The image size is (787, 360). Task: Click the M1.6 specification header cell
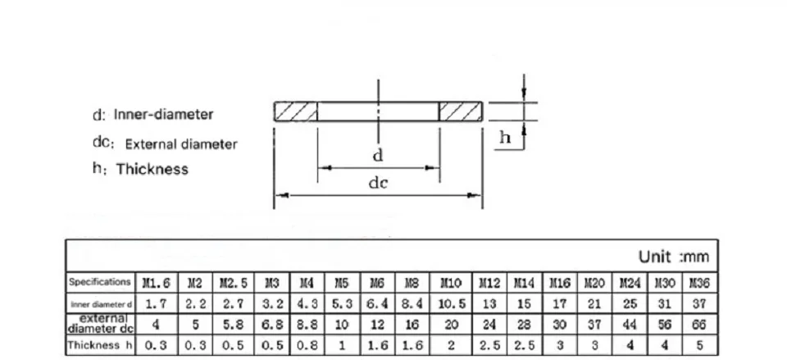click(x=157, y=283)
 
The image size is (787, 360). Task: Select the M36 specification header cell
click(x=699, y=283)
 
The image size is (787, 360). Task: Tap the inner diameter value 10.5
click(x=451, y=303)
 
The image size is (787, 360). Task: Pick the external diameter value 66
click(x=699, y=325)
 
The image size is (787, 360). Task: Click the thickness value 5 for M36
click(x=699, y=345)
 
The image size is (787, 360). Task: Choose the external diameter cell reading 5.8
click(x=233, y=325)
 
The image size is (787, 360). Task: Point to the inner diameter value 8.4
click(x=412, y=303)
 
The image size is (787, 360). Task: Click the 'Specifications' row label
click(x=100, y=281)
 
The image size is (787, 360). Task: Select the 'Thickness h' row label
click(x=100, y=345)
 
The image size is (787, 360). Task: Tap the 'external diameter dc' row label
click(x=100, y=324)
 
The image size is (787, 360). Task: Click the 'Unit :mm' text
click(x=674, y=257)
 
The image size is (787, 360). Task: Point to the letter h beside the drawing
click(x=505, y=137)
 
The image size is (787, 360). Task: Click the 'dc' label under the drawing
click(x=379, y=183)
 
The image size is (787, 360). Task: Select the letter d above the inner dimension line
click(x=378, y=155)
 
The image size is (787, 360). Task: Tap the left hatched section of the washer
click(x=296, y=112)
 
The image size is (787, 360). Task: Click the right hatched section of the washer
click(x=461, y=112)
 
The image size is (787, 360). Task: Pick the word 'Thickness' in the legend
click(x=152, y=169)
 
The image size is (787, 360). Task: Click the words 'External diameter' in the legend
click(x=181, y=144)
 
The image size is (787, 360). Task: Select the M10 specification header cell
click(x=451, y=283)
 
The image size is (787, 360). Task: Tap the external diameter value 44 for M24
click(x=630, y=325)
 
